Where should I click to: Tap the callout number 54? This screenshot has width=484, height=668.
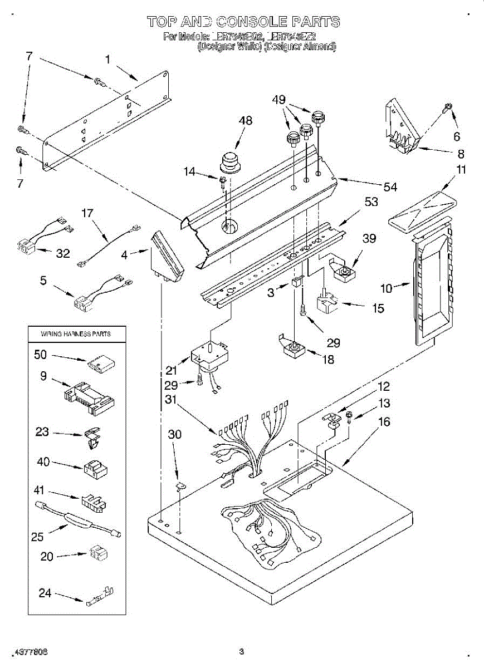pos(390,187)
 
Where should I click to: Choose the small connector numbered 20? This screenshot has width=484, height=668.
pos(97,553)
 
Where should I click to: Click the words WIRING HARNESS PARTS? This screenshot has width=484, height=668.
pos(76,334)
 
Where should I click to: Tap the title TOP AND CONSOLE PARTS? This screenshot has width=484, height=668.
pos(243,22)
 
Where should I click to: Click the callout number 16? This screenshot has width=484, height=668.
pos(384,422)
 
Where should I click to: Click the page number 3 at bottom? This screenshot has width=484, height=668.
pos(241,651)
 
